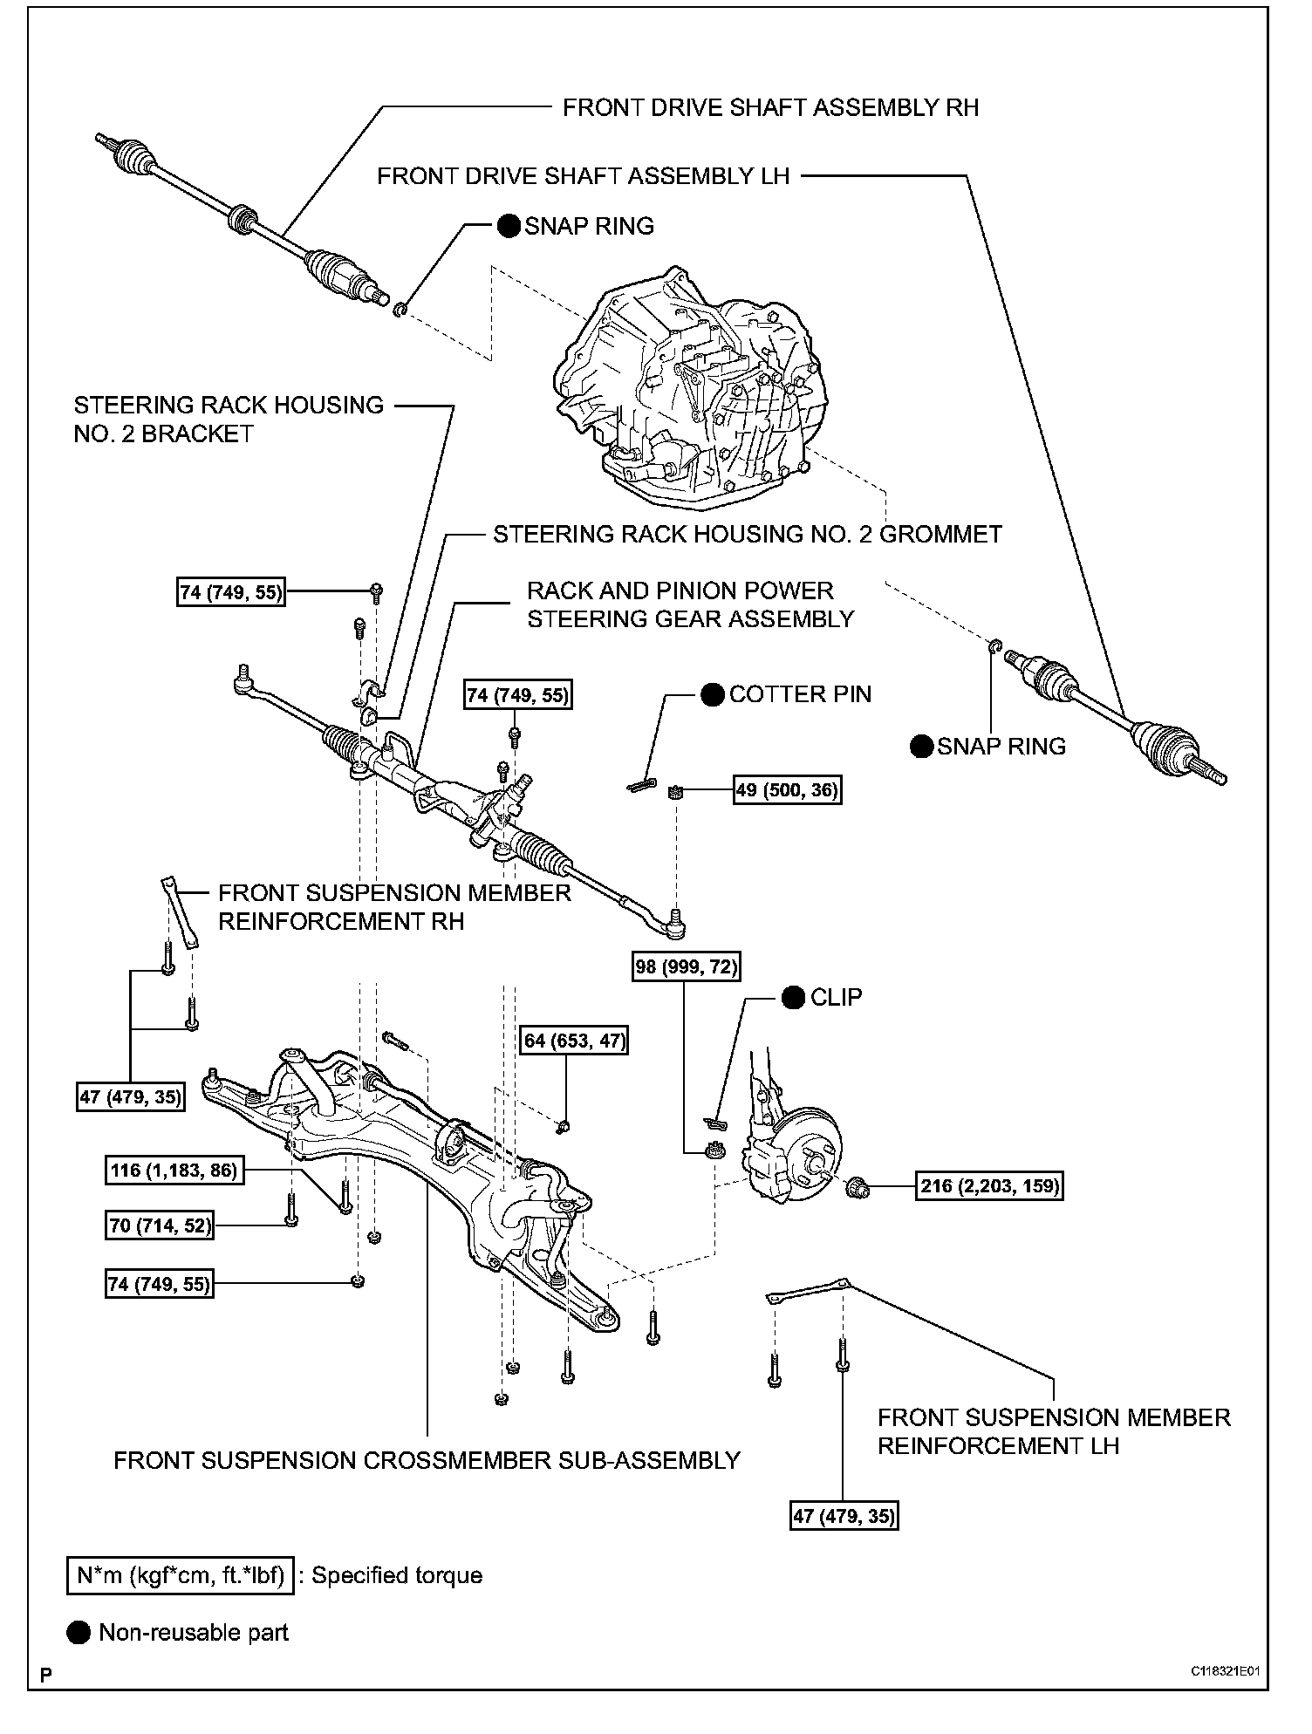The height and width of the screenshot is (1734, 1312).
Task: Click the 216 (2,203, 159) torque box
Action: (989, 1185)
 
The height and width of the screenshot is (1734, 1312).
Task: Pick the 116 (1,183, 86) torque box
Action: (174, 1170)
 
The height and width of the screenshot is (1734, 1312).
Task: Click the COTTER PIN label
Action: (800, 694)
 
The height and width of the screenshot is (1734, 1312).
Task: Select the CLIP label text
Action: (836, 997)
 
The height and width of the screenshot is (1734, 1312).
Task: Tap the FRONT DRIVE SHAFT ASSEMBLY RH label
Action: (770, 107)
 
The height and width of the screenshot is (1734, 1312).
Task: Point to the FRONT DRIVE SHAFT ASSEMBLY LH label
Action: (583, 176)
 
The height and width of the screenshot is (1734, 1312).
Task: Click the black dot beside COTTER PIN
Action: (712, 694)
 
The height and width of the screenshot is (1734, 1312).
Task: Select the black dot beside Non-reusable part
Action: (79, 1633)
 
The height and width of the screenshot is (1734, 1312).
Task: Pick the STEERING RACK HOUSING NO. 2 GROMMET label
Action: (748, 534)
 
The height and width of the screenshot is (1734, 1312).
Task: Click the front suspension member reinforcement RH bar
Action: (179, 911)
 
